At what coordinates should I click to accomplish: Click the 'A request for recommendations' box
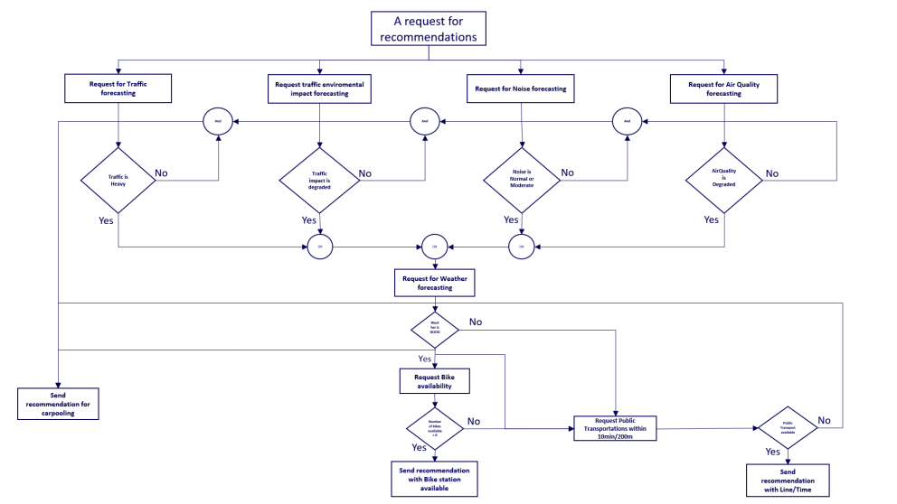click(429, 28)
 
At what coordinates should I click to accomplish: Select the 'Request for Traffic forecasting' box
click(118, 89)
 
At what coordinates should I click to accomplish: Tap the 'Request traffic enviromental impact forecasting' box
click(320, 89)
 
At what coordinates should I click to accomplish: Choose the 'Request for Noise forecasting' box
click(521, 89)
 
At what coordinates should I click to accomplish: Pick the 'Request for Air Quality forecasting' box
click(723, 89)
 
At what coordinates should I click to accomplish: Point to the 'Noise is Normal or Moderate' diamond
click(521, 177)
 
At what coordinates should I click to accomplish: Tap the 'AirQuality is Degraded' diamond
click(723, 177)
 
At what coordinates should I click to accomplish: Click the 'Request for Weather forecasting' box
click(435, 283)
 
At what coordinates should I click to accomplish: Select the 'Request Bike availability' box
click(435, 380)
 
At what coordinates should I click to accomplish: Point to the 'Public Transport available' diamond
click(788, 427)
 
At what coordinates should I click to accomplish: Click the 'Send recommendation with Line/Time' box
click(788, 480)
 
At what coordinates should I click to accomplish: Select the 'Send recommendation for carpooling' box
click(59, 403)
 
